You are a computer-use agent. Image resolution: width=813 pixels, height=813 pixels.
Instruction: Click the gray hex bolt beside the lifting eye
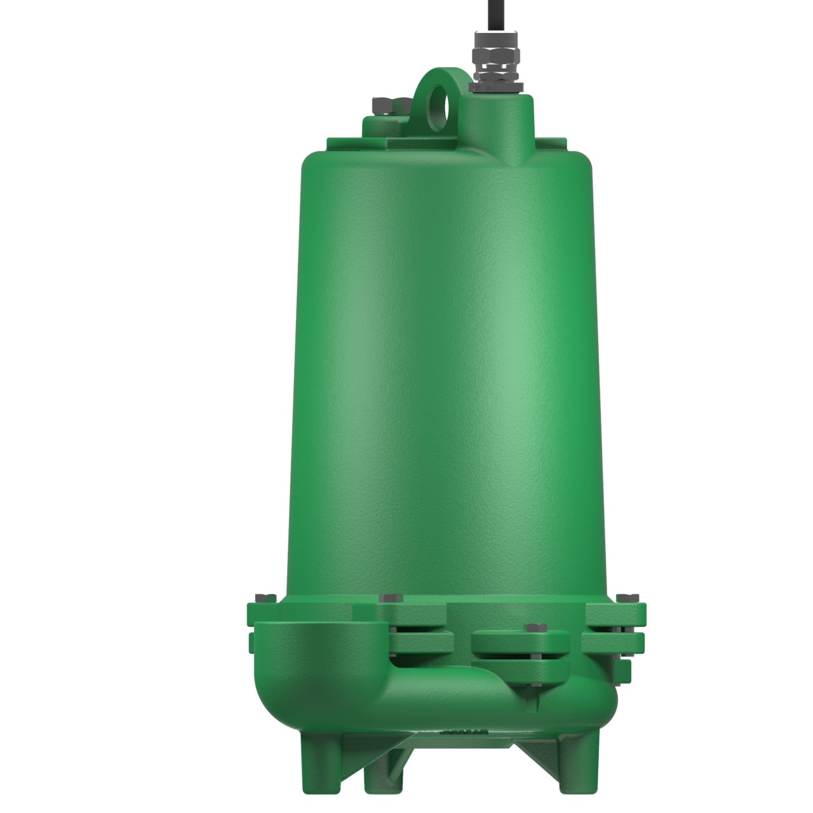tap(384, 104)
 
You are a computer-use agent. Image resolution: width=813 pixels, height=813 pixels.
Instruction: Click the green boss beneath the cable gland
tap(495, 114)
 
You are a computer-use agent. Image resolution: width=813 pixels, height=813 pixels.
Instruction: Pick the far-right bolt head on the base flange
tap(624, 597)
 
